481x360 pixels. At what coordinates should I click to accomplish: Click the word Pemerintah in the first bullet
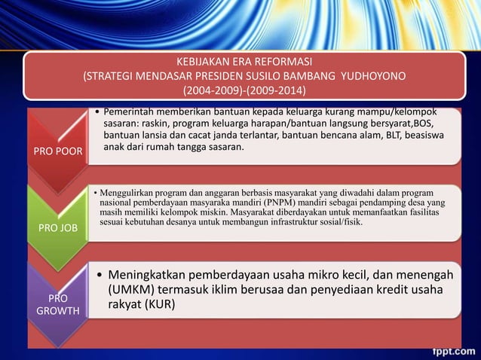pyautogui.click(x=131, y=111)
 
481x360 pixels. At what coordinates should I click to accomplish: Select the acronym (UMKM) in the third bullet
pyautogui.click(x=135, y=290)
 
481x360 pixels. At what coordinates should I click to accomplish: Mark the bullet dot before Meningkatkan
pyautogui.click(x=99, y=274)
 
